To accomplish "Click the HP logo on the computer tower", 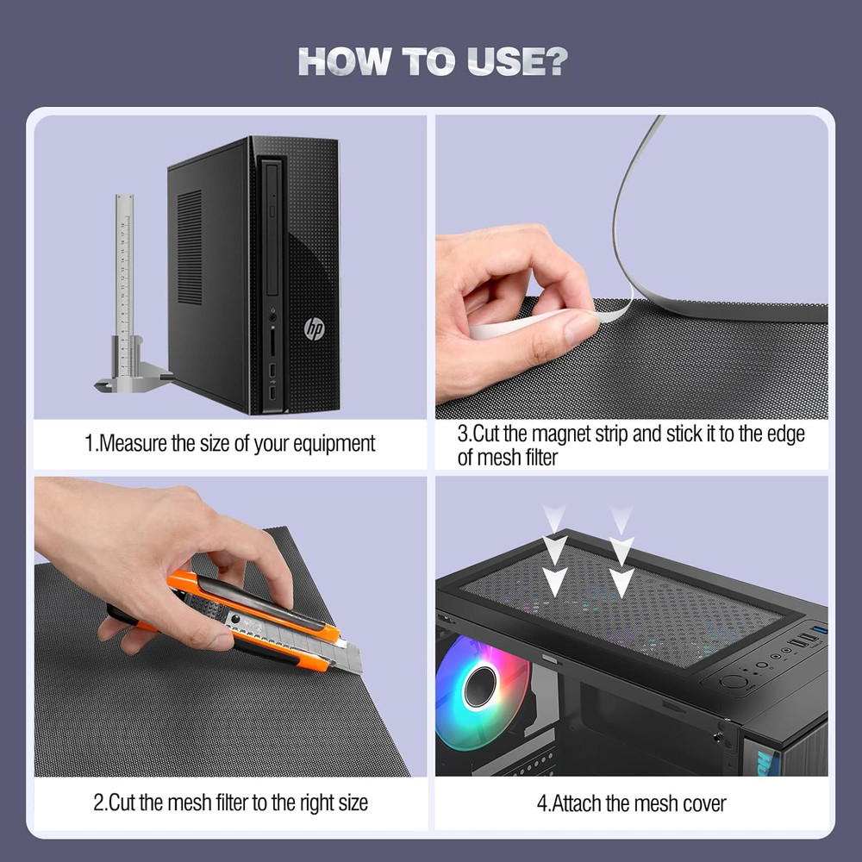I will [x=314, y=328].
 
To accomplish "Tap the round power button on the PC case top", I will [x=734, y=681].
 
